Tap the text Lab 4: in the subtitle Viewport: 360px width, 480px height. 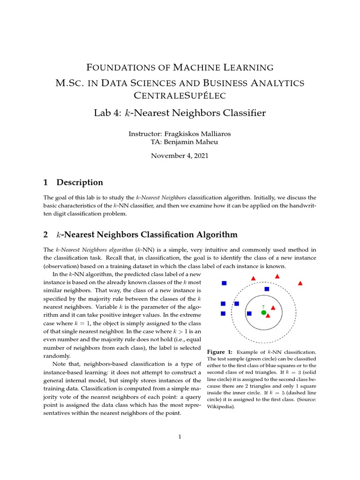pyautogui.click(x=107, y=113)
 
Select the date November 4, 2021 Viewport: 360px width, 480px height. pyautogui.click(x=180, y=156)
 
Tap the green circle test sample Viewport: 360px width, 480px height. pyautogui.click(x=263, y=312)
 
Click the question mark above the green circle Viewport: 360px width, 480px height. pyautogui.click(x=263, y=307)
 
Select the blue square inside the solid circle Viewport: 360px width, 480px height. pyautogui.click(x=249, y=313)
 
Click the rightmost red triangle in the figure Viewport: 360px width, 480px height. pyautogui.click(x=300, y=283)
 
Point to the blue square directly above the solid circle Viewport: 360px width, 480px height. pyautogui.click(x=267, y=289)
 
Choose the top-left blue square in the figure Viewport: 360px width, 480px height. pyautogui.click(x=224, y=283)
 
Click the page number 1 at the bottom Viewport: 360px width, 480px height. pyautogui.click(x=180, y=437)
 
